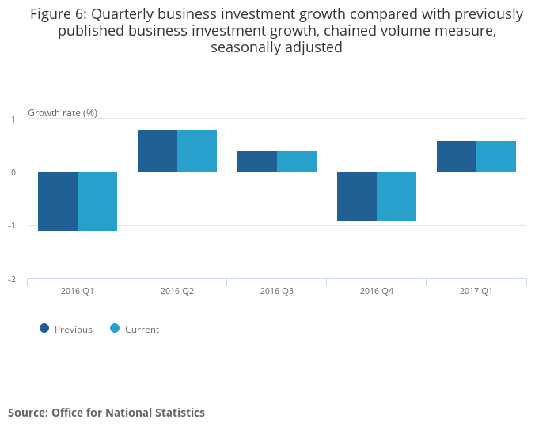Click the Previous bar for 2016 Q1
click(x=58, y=202)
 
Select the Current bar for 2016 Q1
click(x=97, y=202)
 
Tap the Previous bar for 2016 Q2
click(x=157, y=151)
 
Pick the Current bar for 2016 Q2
click(x=197, y=151)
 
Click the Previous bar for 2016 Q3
click(x=257, y=161)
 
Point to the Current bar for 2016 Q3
click(x=297, y=161)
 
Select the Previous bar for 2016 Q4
click(x=357, y=196)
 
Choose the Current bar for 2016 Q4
click(x=397, y=196)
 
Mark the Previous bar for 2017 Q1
click(x=457, y=157)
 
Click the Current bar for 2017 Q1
click(x=496, y=157)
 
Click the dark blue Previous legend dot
click(x=44, y=328)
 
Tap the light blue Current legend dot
click(x=115, y=328)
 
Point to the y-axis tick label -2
click(x=12, y=280)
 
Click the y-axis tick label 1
click(x=13, y=119)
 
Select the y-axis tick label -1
click(x=12, y=226)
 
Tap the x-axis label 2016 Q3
click(x=277, y=291)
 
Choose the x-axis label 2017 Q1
click(x=476, y=291)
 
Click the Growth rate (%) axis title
click(x=63, y=112)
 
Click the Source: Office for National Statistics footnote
click(x=106, y=413)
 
